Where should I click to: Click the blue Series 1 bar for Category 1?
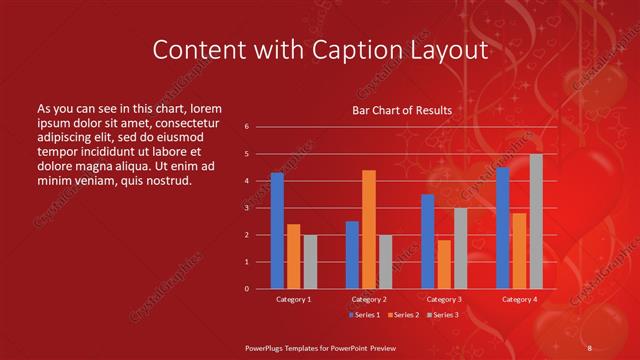tap(277, 231)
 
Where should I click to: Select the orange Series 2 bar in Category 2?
tap(368, 229)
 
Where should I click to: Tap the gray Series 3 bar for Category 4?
tap(536, 221)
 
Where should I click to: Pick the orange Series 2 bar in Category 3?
tap(444, 264)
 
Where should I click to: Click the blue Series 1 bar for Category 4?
tap(503, 228)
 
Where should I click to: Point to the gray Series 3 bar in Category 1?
tap(310, 262)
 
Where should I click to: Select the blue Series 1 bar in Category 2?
tap(352, 255)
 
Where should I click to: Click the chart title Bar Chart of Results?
tap(402, 110)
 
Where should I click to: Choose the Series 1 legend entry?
tap(363, 315)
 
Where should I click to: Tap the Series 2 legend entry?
tap(402, 315)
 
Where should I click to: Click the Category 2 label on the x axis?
tap(368, 299)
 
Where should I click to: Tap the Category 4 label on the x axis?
tap(519, 299)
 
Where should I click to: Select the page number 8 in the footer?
tap(589, 347)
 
